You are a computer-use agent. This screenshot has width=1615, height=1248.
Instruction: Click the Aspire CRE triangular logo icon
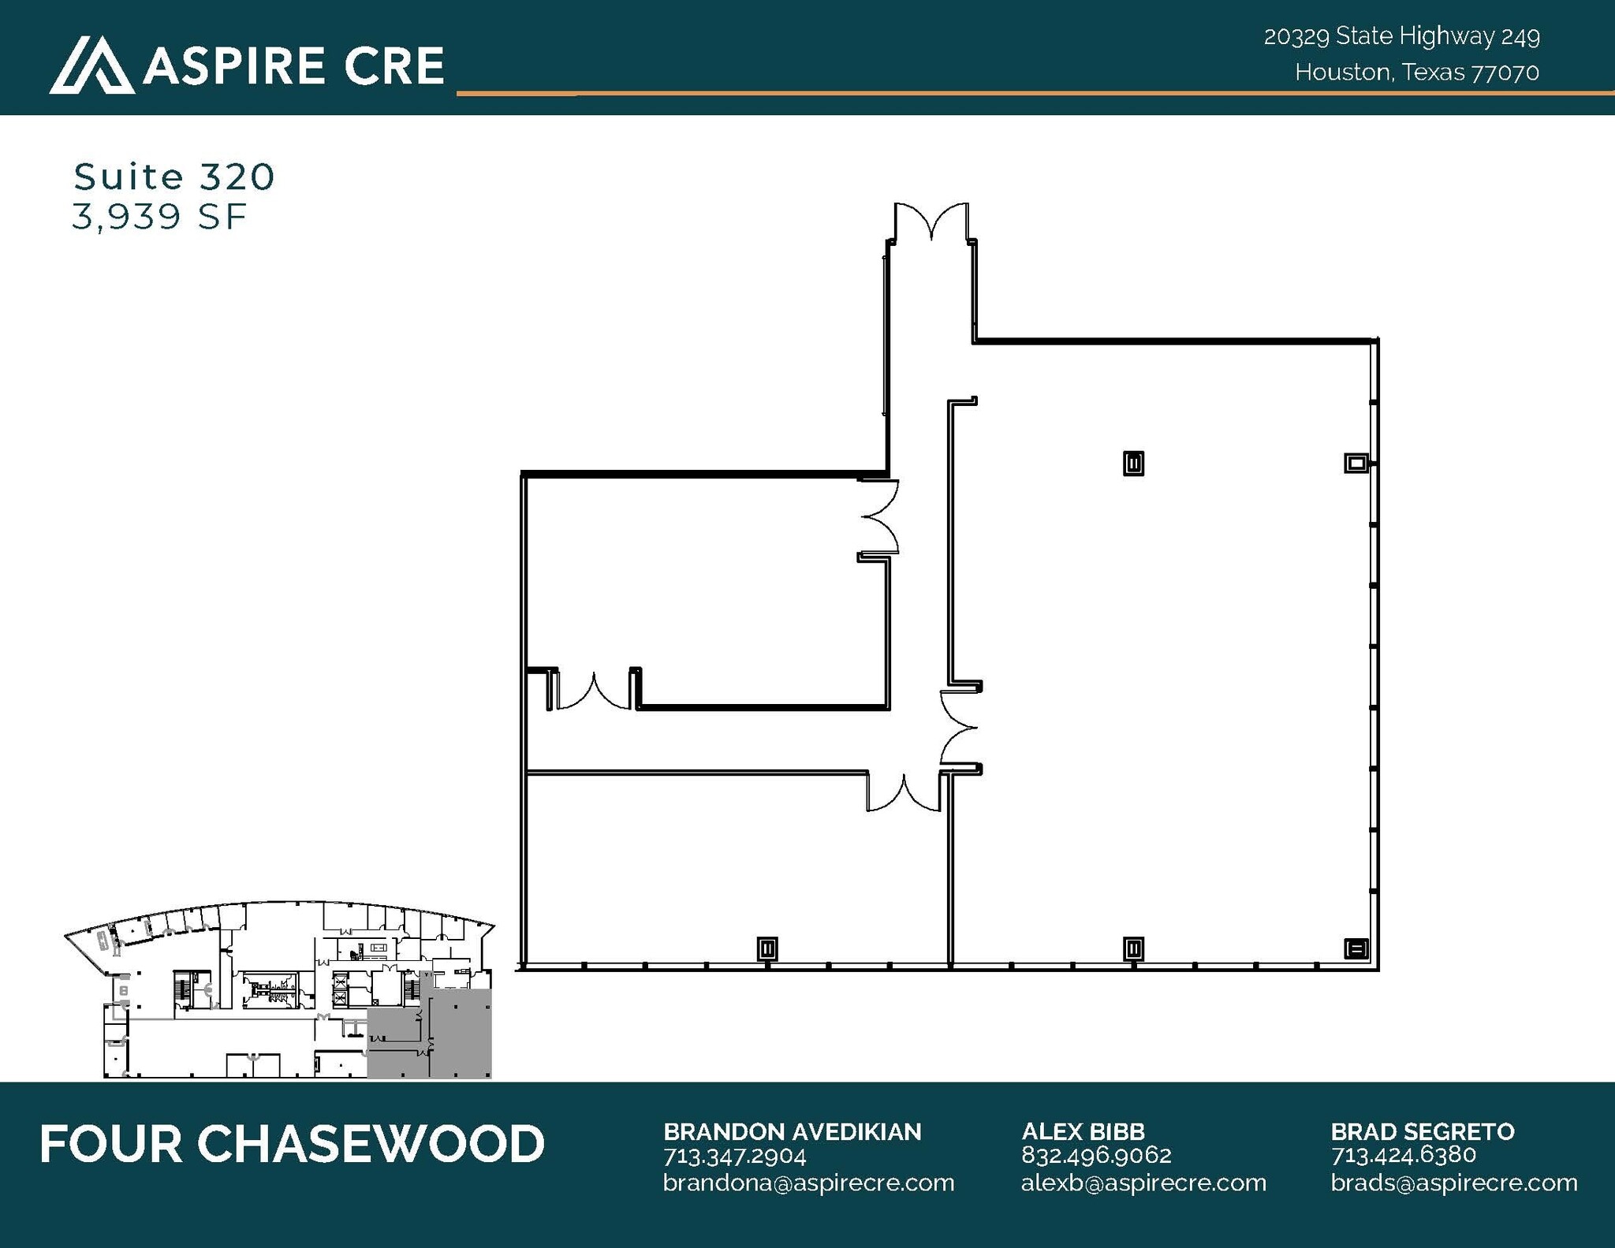[91, 65]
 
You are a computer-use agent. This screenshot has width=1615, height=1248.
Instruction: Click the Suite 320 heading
[174, 177]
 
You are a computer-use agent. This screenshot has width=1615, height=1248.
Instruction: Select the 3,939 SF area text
[159, 217]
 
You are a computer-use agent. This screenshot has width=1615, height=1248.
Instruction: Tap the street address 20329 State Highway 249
[1401, 36]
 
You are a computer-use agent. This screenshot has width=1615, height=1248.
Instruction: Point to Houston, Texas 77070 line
[1416, 73]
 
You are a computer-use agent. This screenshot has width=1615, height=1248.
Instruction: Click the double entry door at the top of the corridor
[931, 222]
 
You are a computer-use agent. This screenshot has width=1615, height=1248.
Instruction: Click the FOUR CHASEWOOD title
[292, 1144]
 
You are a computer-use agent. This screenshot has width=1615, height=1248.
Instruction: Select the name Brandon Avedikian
[792, 1132]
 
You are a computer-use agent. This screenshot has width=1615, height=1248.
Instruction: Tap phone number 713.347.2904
[734, 1157]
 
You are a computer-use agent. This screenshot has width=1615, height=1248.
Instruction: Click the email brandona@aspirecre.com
[808, 1183]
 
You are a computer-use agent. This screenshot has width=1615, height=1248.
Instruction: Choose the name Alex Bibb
[1083, 1132]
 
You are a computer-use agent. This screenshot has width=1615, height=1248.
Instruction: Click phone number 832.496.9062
[1096, 1156]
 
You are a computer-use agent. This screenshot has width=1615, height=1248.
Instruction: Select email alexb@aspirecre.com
[1143, 1183]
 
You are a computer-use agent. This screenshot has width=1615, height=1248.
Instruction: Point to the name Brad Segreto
[1423, 1132]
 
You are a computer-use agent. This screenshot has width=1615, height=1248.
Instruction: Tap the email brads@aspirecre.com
[1454, 1183]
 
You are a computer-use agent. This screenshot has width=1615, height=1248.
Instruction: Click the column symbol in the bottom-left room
[767, 948]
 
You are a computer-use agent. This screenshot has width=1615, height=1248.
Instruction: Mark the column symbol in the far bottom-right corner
[1356, 948]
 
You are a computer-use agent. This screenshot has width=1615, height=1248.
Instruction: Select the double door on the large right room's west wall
[959, 727]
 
